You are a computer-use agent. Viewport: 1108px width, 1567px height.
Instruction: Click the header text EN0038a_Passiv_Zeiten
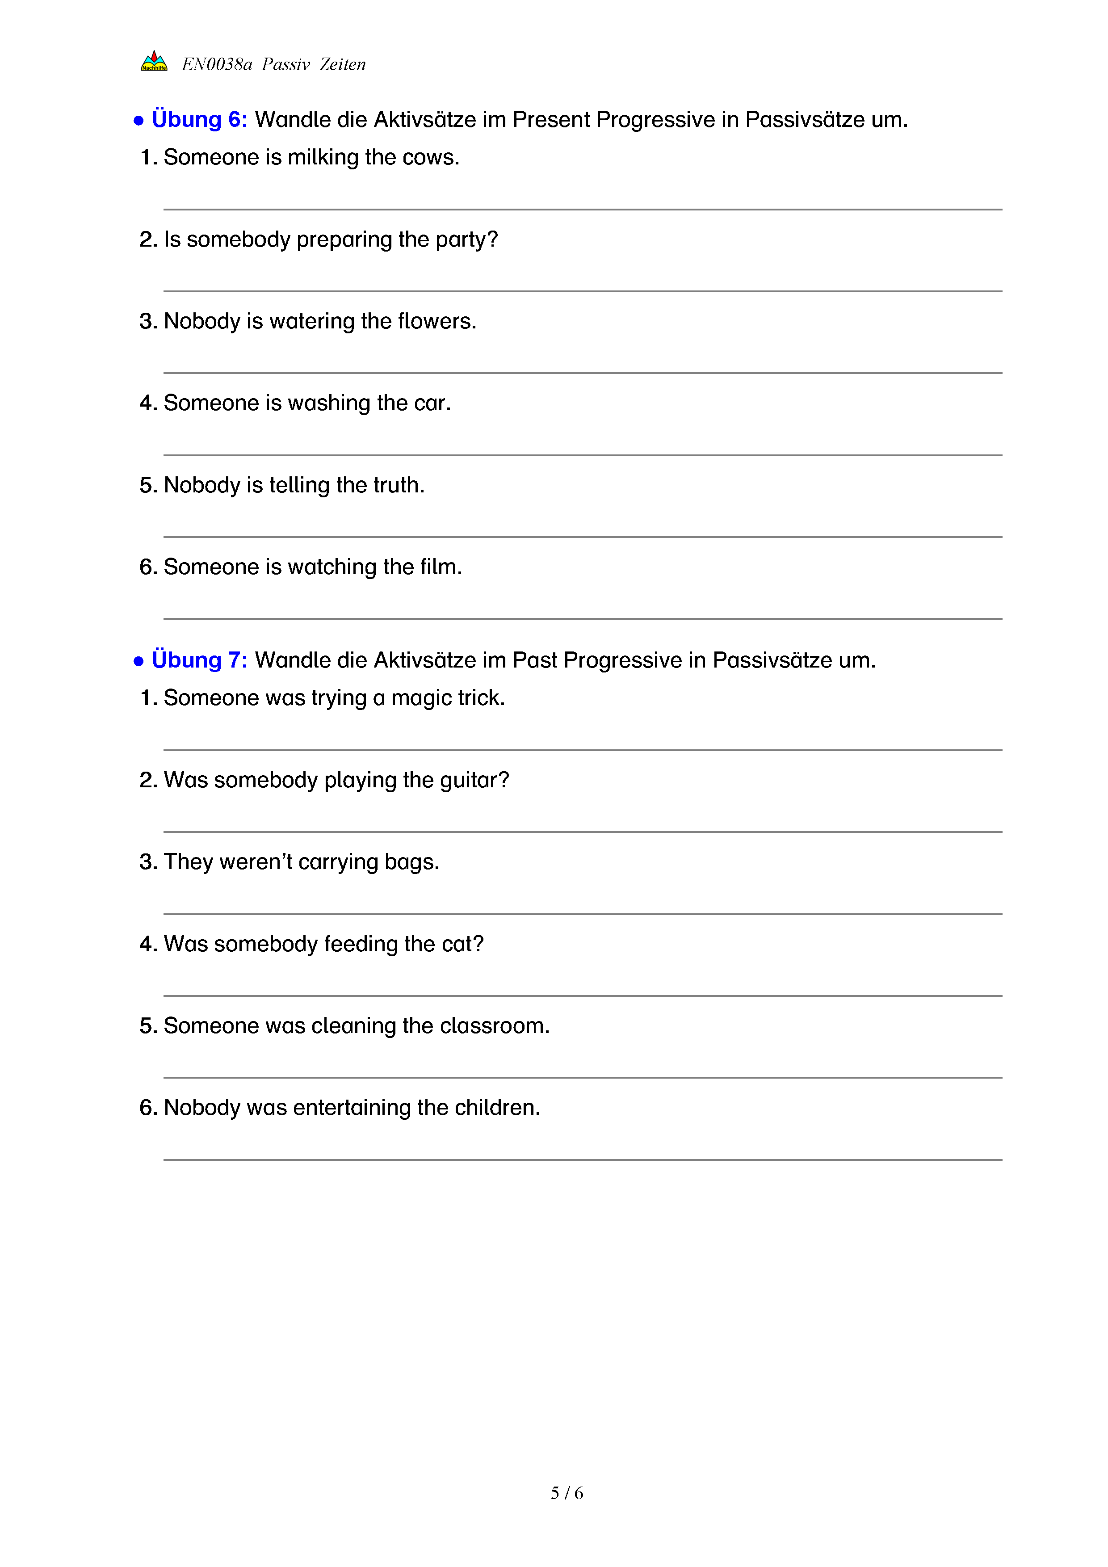coord(273,64)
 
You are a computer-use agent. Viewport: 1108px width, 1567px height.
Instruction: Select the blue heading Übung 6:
coord(199,119)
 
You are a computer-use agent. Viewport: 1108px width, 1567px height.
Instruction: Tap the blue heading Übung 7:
coord(199,660)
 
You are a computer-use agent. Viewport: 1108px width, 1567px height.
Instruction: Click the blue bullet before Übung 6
coord(138,121)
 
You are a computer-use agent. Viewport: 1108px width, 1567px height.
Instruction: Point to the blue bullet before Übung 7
coord(138,661)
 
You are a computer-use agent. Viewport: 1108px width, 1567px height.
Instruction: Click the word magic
coord(421,698)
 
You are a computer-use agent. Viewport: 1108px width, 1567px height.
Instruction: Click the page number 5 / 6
coord(567,1493)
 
